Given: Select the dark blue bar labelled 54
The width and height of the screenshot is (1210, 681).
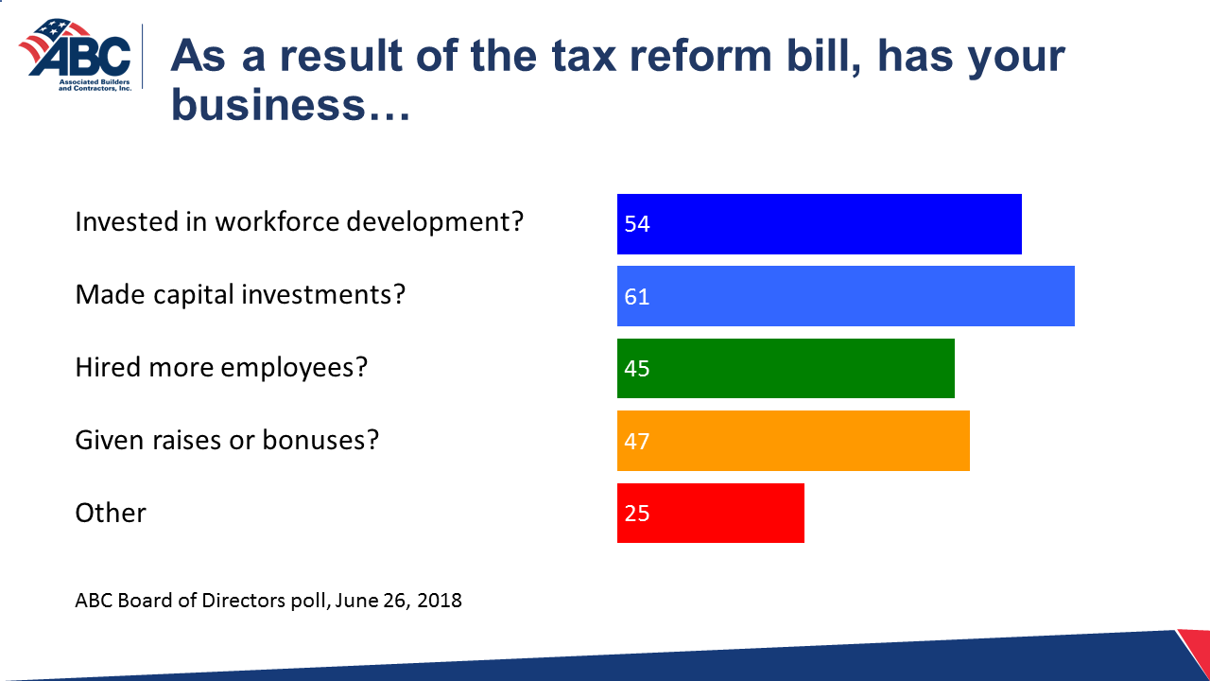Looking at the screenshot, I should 819,224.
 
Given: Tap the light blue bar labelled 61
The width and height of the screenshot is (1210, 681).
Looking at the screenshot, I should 845,296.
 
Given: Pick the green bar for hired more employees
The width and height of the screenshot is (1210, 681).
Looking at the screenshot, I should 786,368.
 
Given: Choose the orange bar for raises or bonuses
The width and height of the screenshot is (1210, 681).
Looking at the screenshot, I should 793,441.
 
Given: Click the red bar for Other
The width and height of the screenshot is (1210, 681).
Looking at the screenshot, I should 710,513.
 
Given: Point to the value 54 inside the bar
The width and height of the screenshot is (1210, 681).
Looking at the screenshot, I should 637,224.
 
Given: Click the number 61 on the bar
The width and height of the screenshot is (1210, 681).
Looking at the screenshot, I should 637,296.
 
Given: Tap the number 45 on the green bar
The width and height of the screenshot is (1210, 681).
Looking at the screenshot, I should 637,368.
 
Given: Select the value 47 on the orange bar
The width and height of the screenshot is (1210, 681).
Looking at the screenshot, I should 637,441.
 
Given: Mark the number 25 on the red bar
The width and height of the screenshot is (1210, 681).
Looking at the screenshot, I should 637,513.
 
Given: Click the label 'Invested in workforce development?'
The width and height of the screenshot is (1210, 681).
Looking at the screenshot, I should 299,222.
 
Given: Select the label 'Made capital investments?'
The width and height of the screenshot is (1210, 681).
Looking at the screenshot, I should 240,295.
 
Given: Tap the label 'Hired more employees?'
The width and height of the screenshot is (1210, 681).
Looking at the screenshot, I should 220,367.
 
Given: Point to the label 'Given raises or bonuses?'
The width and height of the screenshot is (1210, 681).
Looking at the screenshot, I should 227,440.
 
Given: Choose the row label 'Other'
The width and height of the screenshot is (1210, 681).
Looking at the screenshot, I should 111,513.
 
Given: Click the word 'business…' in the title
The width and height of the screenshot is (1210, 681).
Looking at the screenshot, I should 290,105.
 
